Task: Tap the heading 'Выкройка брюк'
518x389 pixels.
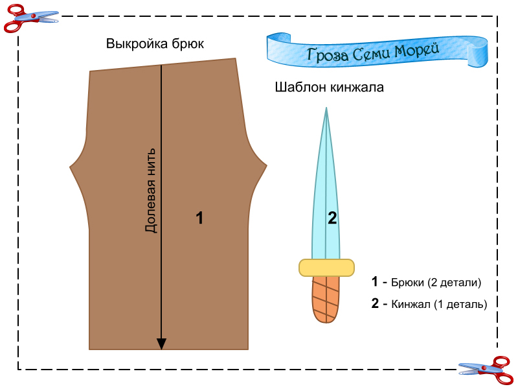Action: coord(155,45)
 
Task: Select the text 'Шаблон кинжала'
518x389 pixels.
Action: coord(330,87)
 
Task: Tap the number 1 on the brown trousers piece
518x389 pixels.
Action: coord(199,218)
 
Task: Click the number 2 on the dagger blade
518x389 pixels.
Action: coord(332,218)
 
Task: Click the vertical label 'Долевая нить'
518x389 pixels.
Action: coord(151,189)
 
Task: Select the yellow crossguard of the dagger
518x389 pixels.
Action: coord(326,267)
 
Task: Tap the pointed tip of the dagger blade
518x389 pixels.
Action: coord(326,108)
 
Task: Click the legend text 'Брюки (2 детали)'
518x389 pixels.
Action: coord(436,283)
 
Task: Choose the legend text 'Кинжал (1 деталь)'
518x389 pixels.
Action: coord(439,303)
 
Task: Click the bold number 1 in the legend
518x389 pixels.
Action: coord(374,282)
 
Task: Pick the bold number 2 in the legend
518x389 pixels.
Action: coord(375,303)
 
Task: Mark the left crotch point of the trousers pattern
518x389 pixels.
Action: coord(71,168)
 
